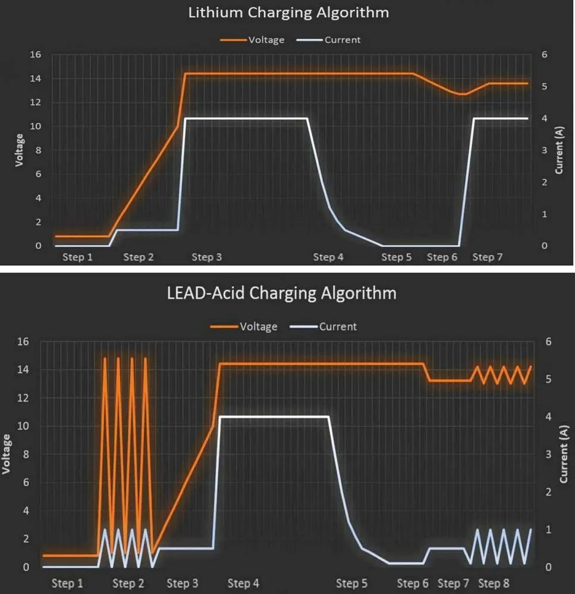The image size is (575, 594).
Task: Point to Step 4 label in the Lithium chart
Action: (x=328, y=257)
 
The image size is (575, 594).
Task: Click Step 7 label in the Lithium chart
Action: (x=488, y=257)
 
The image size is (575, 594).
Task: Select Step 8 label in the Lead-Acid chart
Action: (x=493, y=584)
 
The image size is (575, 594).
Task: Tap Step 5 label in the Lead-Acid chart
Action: (x=351, y=584)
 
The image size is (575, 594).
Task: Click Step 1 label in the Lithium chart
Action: (x=78, y=257)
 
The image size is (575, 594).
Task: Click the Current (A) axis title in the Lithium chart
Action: (x=559, y=150)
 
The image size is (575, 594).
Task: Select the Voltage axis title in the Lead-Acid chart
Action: (x=7, y=454)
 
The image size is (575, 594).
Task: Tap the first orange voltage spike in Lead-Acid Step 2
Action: (x=105, y=359)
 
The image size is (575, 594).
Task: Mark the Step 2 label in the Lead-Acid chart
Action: (x=128, y=584)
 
